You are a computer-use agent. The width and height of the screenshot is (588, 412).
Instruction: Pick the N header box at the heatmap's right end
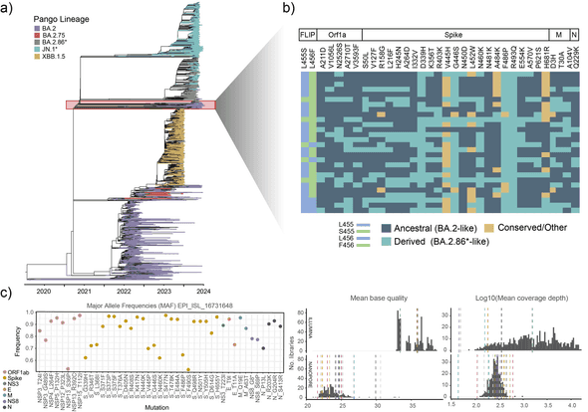pos(573,35)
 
